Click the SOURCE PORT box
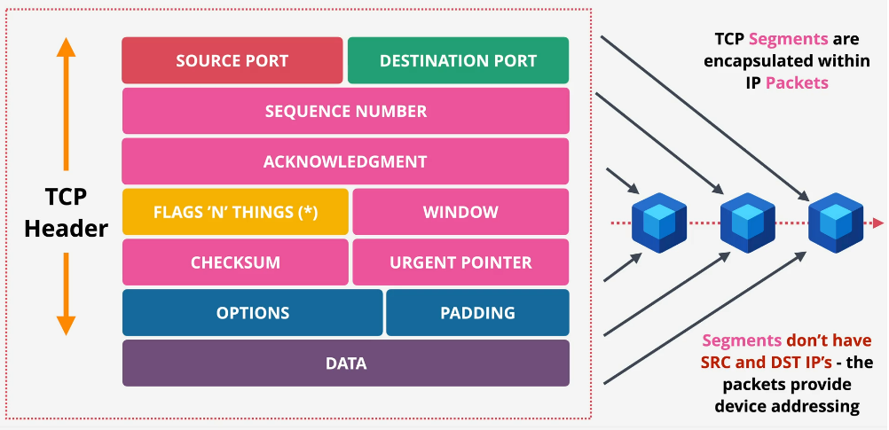pyautogui.click(x=232, y=61)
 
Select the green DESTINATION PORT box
pyautogui.click(x=458, y=61)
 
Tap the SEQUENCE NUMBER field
pyautogui.click(x=345, y=112)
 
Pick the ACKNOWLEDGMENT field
pyautogui.click(x=345, y=162)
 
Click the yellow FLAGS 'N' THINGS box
pyautogui.click(x=235, y=213)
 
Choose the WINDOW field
pyautogui.click(x=460, y=213)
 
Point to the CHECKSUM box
pyautogui.click(x=235, y=262)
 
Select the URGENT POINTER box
pyautogui.click(x=460, y=262)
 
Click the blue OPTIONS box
pyautogui.click(x=253, y=313)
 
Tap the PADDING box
pyautogui.click(x=477, y=313)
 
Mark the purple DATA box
pyautogui.click(x=345, y=364)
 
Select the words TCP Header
pyautogui.click(x=66, y=212)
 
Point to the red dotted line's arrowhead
pyautogui.click(x=878, y=223)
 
